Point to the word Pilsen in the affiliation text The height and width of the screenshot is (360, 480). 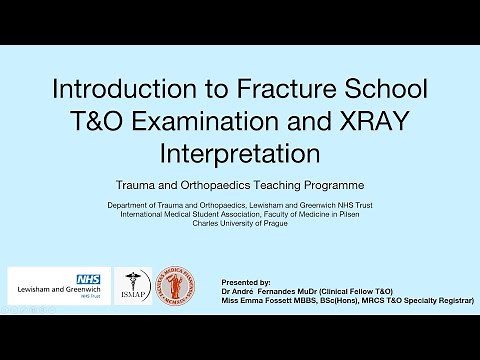tap(361, 213)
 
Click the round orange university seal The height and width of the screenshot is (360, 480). tap(178, 286)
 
